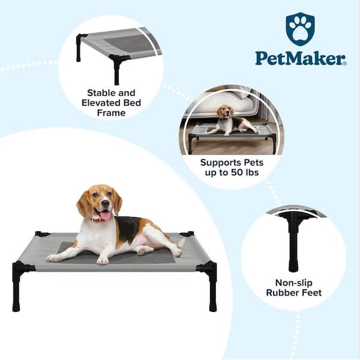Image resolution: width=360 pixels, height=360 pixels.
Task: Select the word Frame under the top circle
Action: (x=112, y=113)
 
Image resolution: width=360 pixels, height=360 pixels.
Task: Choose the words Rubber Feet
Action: (x=293, y=293)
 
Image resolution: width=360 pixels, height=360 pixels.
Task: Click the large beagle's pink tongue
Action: (x=105, y=216)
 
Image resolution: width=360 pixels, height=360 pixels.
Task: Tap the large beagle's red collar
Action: (x=96, y=220)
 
